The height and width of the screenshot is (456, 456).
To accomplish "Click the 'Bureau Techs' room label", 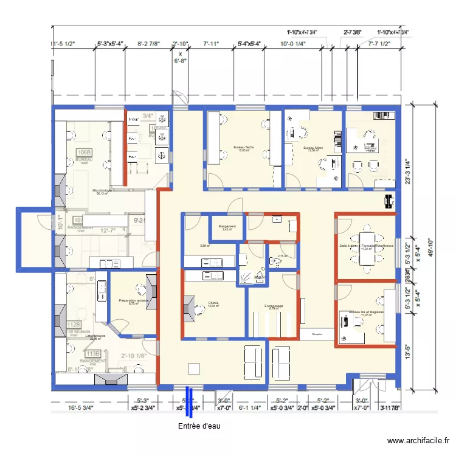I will [243, 148].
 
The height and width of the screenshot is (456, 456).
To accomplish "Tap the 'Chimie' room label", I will [213, 303].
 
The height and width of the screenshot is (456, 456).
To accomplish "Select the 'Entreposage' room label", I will [274, 306].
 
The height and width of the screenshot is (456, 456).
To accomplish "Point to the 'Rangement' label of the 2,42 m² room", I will [227, 227].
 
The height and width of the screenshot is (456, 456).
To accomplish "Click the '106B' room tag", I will [83, 152].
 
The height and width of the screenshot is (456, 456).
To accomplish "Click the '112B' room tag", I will [74, 325].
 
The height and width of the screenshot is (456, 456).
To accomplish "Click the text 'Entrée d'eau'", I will [199, 426].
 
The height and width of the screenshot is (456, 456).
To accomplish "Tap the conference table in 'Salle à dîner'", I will [368, 246].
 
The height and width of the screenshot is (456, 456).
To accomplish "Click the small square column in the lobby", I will [194, 368].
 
